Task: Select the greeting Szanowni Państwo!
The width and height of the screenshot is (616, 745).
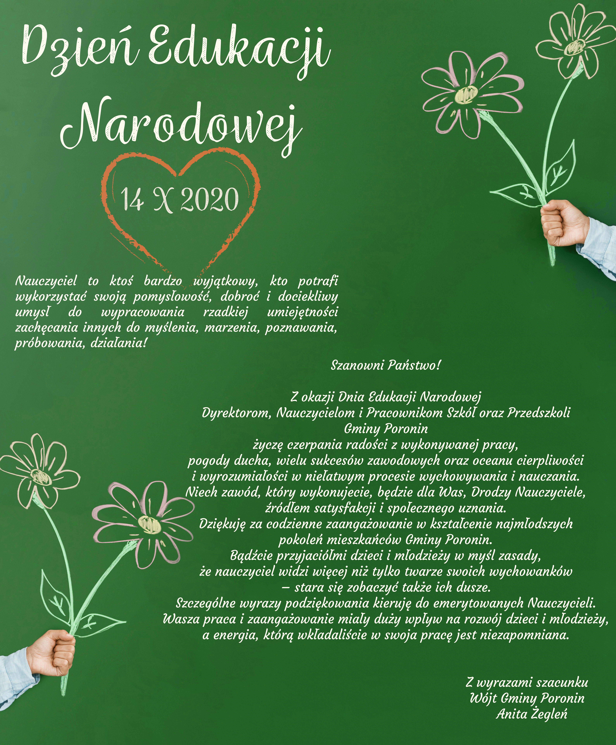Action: tap(386, 365)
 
